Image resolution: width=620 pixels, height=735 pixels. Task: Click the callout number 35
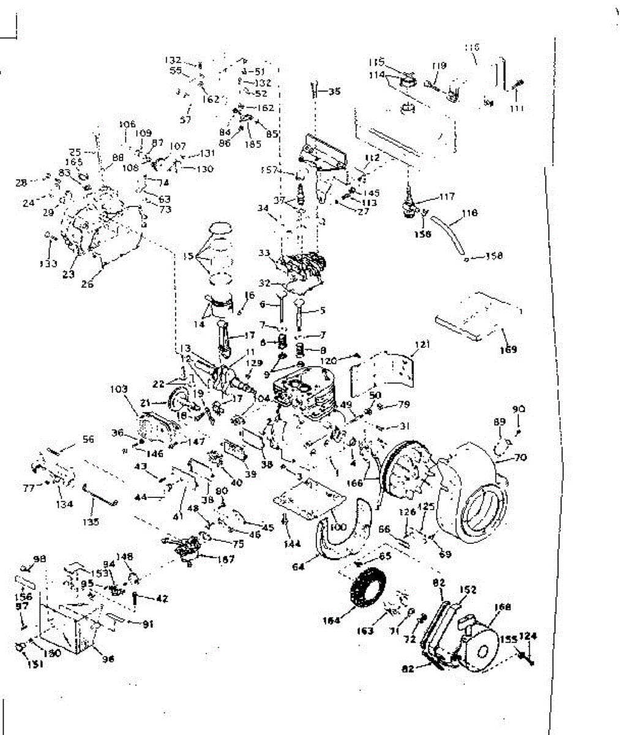click(334, 92)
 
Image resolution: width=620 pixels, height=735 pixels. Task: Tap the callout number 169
click(508, 350)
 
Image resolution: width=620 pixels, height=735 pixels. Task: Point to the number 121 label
click(422, 345)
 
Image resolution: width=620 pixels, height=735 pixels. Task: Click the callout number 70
click(521, 457)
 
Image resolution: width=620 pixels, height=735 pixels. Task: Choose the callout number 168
click(502, 607)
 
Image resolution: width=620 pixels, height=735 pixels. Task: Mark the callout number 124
click(528, 637)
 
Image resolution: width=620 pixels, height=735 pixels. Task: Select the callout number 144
click(293, 544)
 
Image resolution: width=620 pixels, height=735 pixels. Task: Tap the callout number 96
click(108, 659)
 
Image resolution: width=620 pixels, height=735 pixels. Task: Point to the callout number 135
click(90, 522)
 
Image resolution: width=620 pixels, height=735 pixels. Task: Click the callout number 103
click(119, 389)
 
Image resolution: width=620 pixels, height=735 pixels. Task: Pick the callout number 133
click(49, 264)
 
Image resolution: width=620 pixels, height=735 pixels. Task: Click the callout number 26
click(88, 284)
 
